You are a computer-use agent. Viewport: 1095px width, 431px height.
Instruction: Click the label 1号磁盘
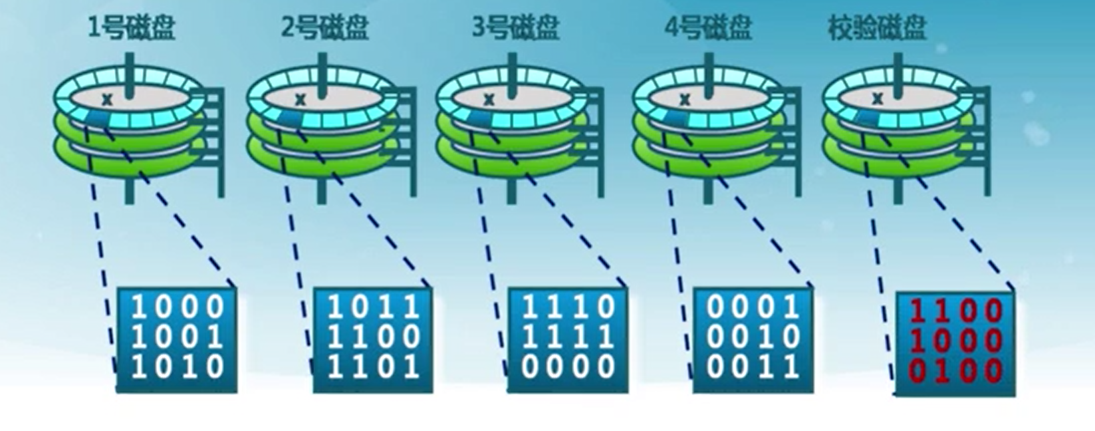pos(131,28)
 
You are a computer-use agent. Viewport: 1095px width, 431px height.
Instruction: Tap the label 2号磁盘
pos(324,28)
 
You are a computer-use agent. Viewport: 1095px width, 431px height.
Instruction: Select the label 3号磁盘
pos(515,28)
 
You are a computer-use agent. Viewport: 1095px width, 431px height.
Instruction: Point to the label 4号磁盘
pos(707,28)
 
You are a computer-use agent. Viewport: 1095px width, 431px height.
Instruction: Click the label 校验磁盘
pos(877,28)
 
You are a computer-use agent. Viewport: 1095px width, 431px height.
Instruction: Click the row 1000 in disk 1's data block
pos(178,308)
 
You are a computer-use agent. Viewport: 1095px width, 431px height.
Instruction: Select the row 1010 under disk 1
pos(178,367)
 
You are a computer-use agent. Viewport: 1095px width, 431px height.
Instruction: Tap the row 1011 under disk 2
pos(374,308)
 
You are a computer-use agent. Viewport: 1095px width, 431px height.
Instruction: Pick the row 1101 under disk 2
pos(374,367)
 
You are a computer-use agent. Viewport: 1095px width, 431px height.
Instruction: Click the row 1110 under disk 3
pos(568,308)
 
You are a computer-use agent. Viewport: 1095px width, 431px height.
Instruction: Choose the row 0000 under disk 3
pos(568,367)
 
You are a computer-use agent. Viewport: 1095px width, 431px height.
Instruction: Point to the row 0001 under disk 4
pos(753,308)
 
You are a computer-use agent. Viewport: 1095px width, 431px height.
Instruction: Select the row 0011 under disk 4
pos(753,367)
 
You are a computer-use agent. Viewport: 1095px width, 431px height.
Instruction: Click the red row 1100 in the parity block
pos(955,311)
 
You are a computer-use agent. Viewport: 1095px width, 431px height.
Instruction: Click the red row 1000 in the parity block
pos(955,341)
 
